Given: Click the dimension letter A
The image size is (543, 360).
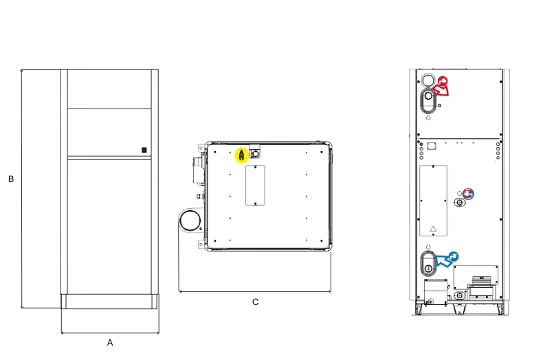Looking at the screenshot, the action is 110,342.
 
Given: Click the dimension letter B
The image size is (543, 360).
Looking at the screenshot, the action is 11,179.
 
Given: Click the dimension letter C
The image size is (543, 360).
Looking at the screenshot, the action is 255,302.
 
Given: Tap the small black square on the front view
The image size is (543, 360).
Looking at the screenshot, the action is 144,150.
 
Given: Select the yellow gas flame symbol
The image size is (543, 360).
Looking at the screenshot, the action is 241,155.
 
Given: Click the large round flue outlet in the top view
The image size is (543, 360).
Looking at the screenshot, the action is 190,221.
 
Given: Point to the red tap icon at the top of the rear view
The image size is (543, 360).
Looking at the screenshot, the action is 443,81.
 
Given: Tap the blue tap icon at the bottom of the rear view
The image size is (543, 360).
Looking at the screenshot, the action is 454,256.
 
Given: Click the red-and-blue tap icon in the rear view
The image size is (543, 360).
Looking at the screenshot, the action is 468,194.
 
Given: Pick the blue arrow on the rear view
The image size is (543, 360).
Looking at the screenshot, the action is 443,260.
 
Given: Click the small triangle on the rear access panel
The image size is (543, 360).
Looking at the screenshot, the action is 433,229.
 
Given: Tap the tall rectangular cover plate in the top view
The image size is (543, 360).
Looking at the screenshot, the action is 255,185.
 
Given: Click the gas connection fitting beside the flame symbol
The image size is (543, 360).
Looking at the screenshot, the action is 255,153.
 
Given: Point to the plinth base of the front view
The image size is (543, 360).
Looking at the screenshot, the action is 110,302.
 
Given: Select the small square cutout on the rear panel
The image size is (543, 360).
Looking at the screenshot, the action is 431,146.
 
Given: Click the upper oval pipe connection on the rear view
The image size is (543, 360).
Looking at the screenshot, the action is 428,100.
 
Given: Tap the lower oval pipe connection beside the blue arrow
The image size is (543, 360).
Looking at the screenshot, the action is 428,263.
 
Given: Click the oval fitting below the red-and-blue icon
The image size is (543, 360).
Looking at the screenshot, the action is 460,202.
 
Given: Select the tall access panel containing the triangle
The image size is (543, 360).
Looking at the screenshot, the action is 433,201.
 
